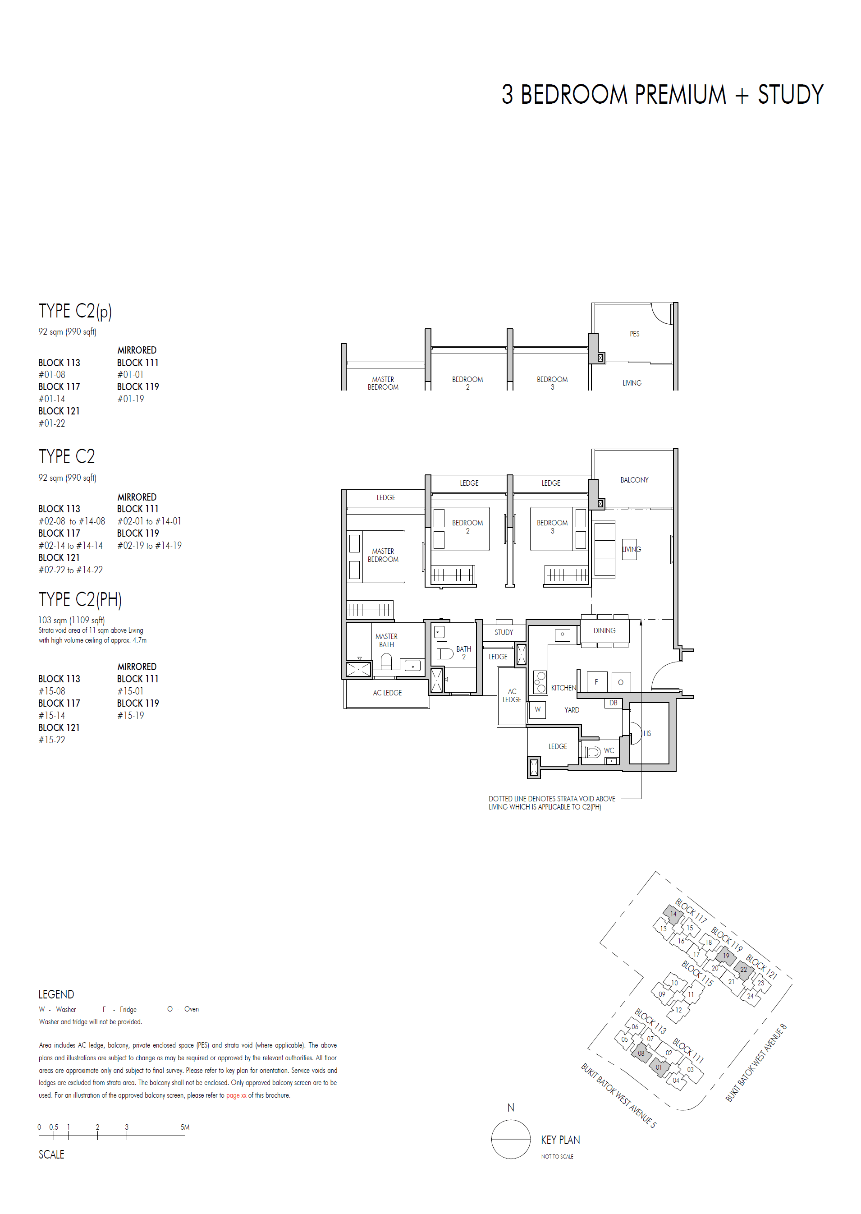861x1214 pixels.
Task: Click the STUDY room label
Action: coord(503,632)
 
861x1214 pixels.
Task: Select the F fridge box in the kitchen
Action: coord(596,682)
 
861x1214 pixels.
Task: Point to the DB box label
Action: coord(613,703)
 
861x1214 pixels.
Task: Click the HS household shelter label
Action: coord(647,733)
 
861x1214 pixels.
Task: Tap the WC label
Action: coord(609,750)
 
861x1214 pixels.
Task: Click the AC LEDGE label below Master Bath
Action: coord(387,693)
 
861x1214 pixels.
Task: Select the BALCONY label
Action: coord(634,480)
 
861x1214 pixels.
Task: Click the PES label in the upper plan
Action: coord(634,334)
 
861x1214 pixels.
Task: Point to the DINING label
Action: coord(604,630)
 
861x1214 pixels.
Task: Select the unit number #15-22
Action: coord(52,740)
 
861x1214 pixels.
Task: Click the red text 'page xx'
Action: coord(236,1095)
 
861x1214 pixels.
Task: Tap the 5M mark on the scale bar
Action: coord(184,1127)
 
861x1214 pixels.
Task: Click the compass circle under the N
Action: coord(511,1139)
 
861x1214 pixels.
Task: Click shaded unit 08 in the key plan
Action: coord(641,1053)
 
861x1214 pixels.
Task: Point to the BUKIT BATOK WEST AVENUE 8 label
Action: coord(756,1063)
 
